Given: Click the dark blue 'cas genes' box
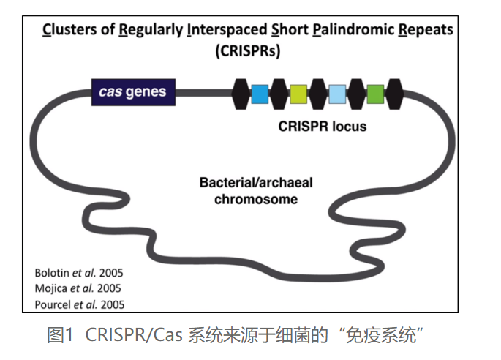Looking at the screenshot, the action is (133, 92).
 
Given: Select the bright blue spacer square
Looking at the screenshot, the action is (260, 94).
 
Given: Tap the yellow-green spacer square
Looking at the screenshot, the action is (298, 94).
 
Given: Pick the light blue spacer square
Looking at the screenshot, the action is (337, 94).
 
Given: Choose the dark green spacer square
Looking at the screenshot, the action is (375, 94).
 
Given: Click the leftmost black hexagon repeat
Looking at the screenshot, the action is (241, 94).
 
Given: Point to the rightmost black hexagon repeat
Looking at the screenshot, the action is (395, 94).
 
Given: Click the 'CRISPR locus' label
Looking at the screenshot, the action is (323, 127).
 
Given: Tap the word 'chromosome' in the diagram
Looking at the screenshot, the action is (256, 199).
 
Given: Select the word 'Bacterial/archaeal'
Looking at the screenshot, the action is (256, 182).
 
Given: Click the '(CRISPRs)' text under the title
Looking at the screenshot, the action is (248, 50).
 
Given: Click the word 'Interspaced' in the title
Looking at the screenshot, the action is (227, 29).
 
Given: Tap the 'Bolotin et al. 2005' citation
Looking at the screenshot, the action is (79, 273).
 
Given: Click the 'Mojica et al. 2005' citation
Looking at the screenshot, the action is (78, 288).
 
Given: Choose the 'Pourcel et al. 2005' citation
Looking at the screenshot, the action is (80, 304).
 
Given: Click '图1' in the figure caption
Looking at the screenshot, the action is (61, 335).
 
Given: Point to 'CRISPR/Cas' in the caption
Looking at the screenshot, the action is (134, 335).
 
